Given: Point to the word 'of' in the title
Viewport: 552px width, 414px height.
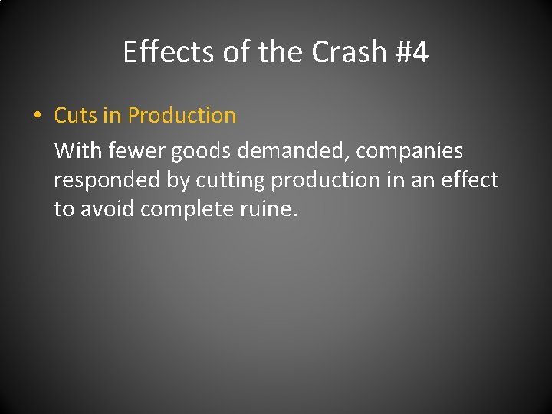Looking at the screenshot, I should [235, 52].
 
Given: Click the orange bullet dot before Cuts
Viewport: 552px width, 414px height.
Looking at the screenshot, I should [36, 116].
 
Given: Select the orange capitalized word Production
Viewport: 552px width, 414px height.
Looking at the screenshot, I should [182, 116].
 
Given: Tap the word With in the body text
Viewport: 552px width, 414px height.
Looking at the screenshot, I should [77, 151].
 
